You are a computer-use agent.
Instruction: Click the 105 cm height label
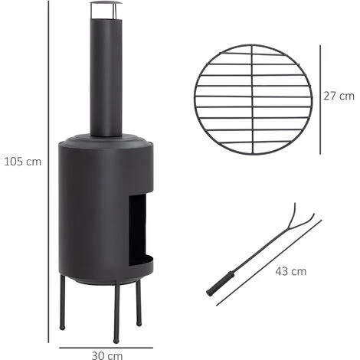pos(23,162)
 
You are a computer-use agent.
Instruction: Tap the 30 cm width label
pos(106,355)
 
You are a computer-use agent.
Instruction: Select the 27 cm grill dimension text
pos(339,96)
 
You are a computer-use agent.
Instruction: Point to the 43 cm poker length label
pos(292,271)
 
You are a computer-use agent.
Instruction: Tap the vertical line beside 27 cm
pos(319,97)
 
